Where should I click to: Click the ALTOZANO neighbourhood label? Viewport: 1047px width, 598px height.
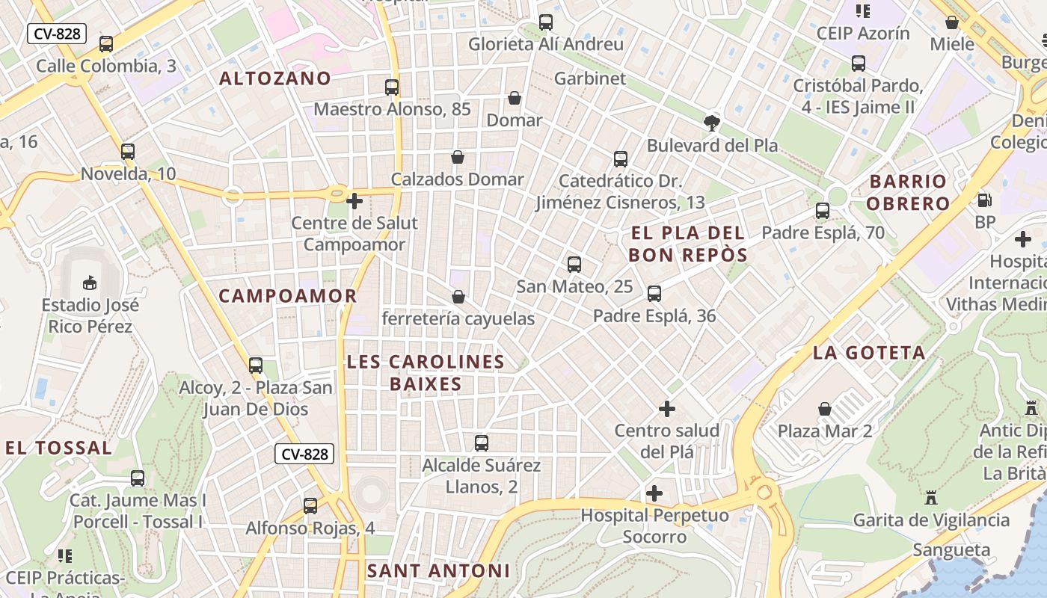point(274,78)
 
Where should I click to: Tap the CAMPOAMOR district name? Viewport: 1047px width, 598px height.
point(288,296)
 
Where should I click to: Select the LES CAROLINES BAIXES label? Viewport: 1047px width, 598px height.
point(426,373)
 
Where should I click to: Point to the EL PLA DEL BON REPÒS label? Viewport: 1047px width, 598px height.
point(687,244)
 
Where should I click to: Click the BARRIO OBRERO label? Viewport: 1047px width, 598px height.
point(909,192)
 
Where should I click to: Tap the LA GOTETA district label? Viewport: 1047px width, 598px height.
point(869,353)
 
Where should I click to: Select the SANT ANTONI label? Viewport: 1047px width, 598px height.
point(438,571)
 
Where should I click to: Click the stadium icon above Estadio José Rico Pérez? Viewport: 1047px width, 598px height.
point(90,283)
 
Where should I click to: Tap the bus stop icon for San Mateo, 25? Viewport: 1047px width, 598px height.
point(574,265)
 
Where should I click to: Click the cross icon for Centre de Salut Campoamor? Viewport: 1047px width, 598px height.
point(354,200)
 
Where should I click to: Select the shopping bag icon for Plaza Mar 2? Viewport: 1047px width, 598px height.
point(825,409)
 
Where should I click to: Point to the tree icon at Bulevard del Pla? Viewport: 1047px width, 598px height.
point(712,123)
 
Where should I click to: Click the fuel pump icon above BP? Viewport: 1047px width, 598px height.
point(985,200)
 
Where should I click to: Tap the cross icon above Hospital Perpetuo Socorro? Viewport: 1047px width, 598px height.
point(654,493)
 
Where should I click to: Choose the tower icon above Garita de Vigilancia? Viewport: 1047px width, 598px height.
point(931,497)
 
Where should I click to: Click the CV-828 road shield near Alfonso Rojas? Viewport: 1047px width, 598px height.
point(304,454)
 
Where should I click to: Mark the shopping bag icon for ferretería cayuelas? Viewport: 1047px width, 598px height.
point(458,297)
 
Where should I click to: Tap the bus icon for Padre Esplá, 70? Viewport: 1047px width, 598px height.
point(823,211)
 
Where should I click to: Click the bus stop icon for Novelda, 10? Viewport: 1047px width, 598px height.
point(128,152)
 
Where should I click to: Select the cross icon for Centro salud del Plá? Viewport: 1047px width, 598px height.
point(666,409)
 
